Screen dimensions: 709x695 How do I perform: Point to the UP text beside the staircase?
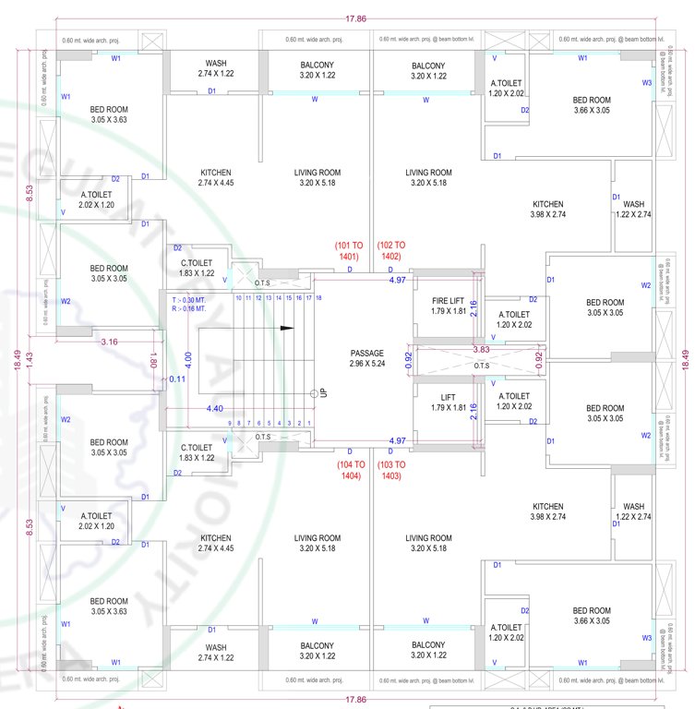point(324,392)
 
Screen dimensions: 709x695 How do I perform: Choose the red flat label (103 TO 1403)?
point(390,470)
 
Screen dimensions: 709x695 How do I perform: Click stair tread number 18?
point(318,297)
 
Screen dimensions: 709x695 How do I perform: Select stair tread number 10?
point(239,297)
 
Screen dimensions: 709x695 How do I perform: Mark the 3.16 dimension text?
point(109,342)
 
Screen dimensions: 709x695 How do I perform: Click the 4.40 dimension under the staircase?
point(214,407)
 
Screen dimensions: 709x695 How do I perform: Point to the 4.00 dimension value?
point(187,355)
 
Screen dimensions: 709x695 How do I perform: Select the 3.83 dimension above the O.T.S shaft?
point(480,349)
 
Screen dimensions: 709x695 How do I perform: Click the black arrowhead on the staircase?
point(287,328)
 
